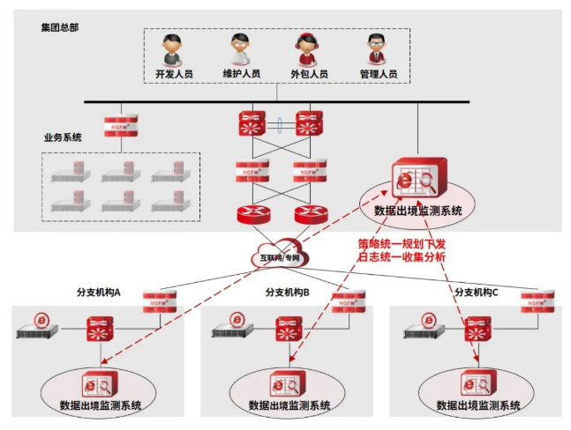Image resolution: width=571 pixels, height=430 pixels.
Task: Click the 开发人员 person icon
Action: tap(172, 48)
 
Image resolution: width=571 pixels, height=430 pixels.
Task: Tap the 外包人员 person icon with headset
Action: tap(308, 48)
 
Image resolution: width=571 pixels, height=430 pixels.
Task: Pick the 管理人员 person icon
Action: tap(378, 48)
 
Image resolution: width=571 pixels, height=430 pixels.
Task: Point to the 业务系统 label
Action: tap(63, 137)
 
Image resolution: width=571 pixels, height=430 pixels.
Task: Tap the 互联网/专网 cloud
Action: tap(280, 255)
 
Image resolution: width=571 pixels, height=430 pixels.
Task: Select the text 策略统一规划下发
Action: tap(403, 242)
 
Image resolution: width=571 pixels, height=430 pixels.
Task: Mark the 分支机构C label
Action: tap(477, 292)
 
